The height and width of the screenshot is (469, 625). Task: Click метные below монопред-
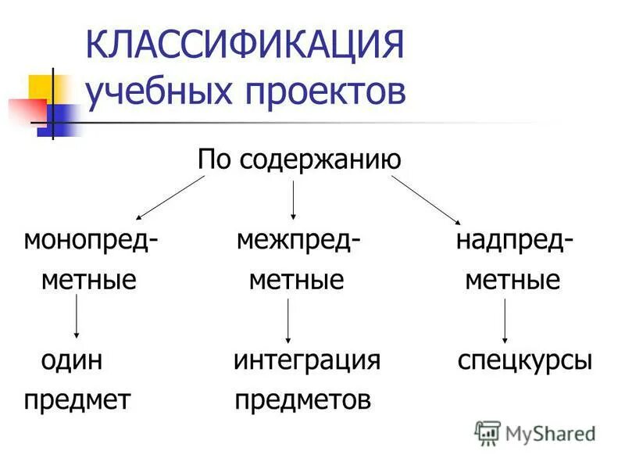pos(89,279)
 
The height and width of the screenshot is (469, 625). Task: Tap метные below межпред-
pos(297,279)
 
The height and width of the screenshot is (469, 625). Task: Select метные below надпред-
pos(512,279)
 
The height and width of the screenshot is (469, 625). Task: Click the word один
pos(72,360)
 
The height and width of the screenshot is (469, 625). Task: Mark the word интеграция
pos(307,360)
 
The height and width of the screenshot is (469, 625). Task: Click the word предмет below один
pos(77,400)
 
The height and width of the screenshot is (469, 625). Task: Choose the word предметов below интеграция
pos(302,400)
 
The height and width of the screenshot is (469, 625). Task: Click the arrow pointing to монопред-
pos(170,197)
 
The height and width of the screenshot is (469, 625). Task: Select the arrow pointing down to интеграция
pos(289,320)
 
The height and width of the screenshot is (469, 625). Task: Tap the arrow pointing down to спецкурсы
pos(505,320)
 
